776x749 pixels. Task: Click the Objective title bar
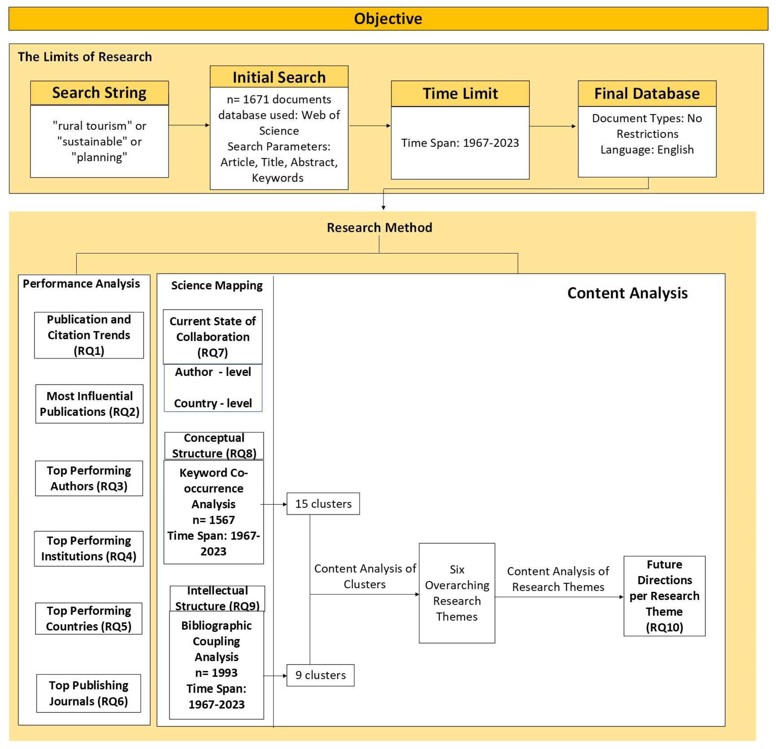click(388, 19)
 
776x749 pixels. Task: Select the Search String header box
click(99, 93)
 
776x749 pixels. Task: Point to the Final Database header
click(647, 94)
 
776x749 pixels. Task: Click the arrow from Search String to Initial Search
click(189, 125)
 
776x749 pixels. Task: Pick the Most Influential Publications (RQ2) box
click(89, 404)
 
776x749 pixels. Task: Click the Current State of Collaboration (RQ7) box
click(213, 337)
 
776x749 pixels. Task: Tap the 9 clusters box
click(320, 675)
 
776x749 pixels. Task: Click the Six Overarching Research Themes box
click(457, 593)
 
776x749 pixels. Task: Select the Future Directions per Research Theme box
click(664, 596)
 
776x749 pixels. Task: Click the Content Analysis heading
click(627, 293)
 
